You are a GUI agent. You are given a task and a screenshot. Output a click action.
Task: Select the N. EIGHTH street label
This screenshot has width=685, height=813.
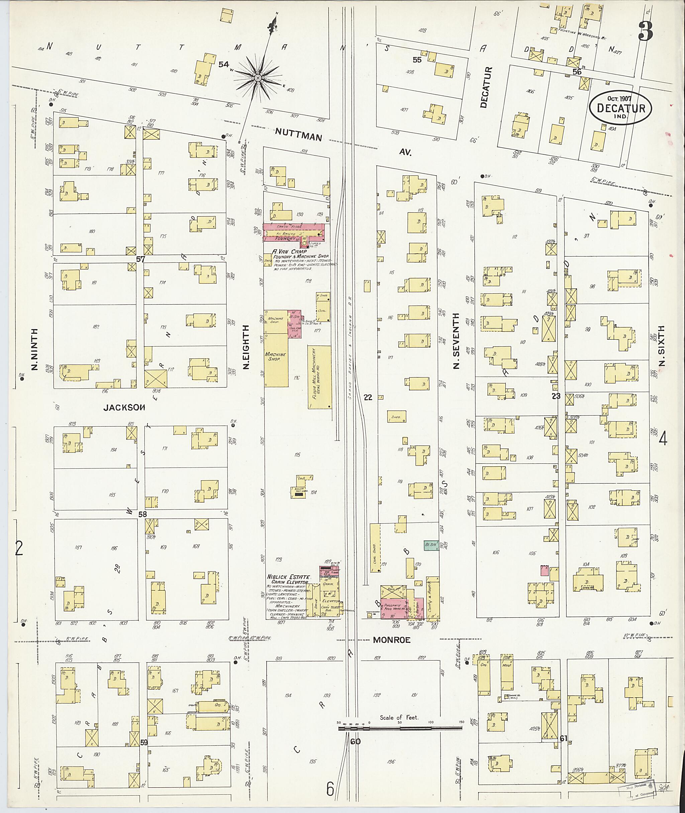click(246, 347)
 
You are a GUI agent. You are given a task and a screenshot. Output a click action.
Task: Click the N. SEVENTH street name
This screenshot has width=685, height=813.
click(457, 341)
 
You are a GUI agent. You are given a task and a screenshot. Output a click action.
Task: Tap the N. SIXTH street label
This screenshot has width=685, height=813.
click(662, 346)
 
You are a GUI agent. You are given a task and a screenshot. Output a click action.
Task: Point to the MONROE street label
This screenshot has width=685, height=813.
click(391, 640)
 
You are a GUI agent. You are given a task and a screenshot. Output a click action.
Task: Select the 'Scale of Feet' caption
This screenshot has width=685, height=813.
click(399, 717)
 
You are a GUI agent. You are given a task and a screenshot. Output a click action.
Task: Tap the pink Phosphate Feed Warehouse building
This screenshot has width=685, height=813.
click(393, 608)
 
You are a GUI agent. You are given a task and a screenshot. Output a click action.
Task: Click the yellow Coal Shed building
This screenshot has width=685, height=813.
click(375, 548)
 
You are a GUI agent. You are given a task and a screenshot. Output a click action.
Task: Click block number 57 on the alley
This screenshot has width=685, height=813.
click(140, 259)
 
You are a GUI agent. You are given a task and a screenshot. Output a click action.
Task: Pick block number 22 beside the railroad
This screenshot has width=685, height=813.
click(367, 397)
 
